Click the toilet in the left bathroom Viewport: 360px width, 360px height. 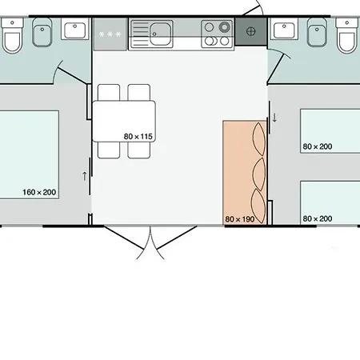pos(12,35)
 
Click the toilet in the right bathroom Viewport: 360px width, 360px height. pos(346,35)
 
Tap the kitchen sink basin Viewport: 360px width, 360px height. pos(160,34)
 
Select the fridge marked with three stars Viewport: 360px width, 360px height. pos(110,34)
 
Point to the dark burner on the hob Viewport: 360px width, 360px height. pos(224,27)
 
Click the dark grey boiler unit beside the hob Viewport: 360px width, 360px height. pos(250,31)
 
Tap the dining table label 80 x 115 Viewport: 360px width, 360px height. pos(138,137)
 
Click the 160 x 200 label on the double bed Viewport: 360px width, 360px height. pos(39,192)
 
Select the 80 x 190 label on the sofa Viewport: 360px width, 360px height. pos(240,219)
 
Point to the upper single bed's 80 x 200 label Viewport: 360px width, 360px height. pos(318,146)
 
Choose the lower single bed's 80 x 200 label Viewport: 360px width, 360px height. pos(318,218)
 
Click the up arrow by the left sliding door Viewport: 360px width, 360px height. pos(85,176)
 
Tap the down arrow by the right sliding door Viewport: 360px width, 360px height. pos(274,118)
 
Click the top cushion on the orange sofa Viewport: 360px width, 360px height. pos(259,139)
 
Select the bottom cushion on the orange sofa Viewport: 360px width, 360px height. pos(258,206)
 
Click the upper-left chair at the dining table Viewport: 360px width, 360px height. pos(109,92)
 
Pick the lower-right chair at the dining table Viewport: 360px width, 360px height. pos(139,150)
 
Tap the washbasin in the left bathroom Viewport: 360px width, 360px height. pos(75,29)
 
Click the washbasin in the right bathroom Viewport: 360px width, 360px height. pos(284,29)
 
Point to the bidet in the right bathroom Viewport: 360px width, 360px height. pos(317,32)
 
